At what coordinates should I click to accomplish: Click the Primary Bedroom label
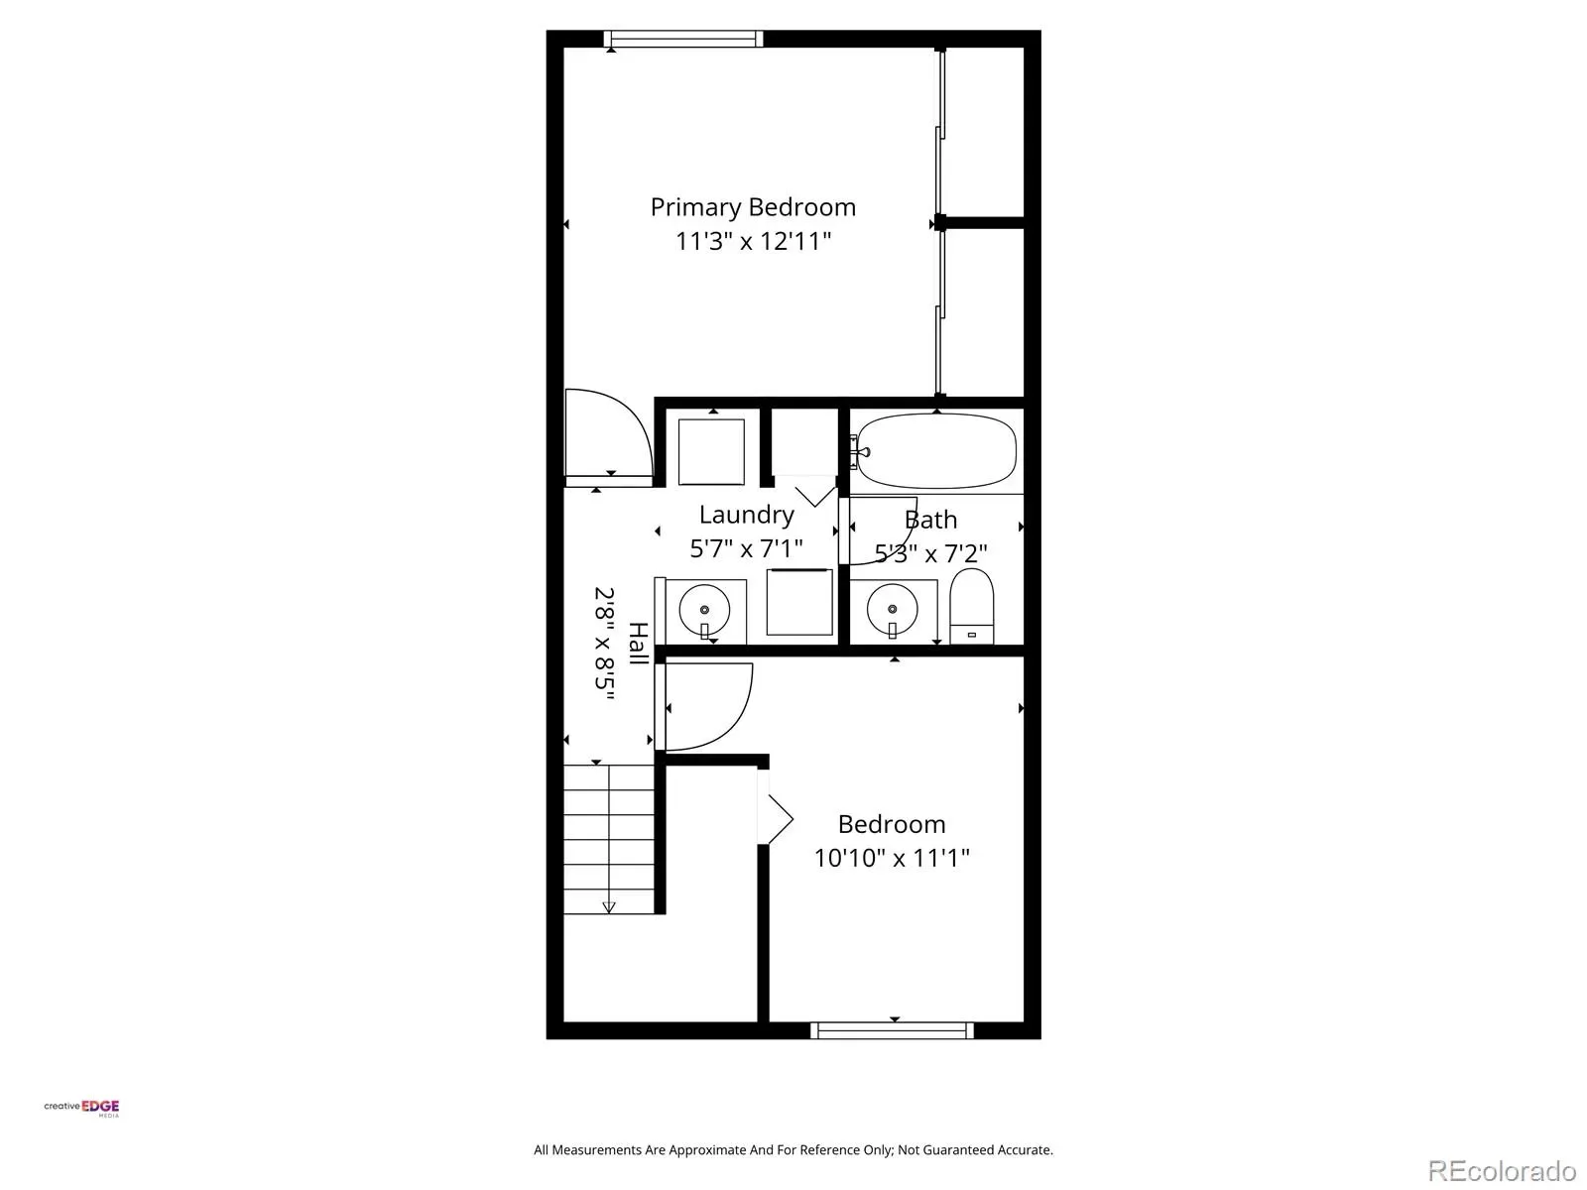(x=753, y=208)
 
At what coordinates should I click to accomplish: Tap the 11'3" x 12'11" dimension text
(x=753, y=241)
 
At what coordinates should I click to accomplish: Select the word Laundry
(x=746, y=515)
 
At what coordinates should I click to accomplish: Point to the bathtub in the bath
(x=936, y=451)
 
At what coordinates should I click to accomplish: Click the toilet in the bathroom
(x=971, y=606)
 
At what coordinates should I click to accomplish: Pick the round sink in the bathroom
(x=892, y=609)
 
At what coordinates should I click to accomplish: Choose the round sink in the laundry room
(x=704, y=610)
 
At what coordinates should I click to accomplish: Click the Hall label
(x=638, y=643)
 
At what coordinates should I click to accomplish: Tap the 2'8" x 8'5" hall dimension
(x=604, y=643)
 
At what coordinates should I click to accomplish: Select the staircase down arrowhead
(x=609, y=907)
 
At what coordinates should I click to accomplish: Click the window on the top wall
(x=683, y=39)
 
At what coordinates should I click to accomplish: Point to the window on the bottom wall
(x=892, y=1030)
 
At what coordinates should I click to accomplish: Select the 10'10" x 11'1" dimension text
(x=892, y=858)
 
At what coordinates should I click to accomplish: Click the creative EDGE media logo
(x=81, y=1108)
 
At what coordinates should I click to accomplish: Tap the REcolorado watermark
(x=1502, y=1170)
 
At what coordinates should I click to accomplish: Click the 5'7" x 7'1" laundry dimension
(x=746, y=548)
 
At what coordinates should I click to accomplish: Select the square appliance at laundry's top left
(x=711, y=452)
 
